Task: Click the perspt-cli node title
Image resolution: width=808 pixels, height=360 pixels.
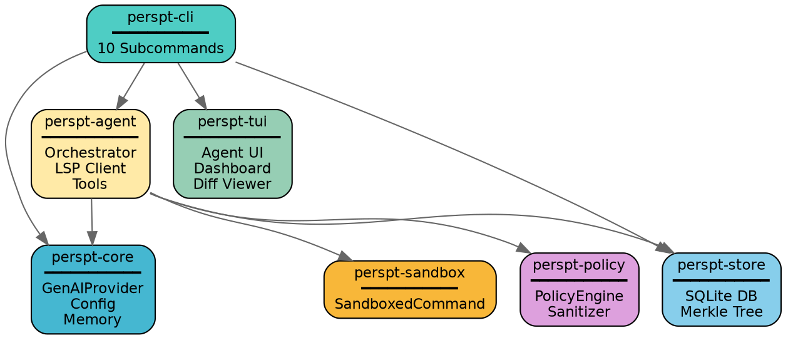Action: [160, 18]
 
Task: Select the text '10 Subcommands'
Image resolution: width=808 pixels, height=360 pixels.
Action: [160, 48]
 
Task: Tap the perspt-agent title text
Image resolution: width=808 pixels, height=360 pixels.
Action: [90, 121]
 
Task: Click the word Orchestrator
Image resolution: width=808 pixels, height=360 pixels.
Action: [90, 153]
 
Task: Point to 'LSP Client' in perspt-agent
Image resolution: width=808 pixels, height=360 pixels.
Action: [90, 168]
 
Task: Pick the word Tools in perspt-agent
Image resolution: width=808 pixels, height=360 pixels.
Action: [90, 183]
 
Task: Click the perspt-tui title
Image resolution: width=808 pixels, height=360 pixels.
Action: [232, 121]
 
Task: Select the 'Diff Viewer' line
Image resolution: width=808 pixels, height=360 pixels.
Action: [232, 183]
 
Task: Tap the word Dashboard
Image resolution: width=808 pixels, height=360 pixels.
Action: [232, 168]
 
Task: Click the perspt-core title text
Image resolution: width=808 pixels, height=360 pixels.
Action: [93, 257]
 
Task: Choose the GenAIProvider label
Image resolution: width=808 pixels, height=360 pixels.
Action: [93, 289]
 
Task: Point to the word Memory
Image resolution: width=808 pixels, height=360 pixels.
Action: [93, 319]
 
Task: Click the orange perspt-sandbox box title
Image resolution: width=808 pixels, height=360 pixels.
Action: [409, 272]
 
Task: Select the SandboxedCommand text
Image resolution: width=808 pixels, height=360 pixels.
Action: [409, 304]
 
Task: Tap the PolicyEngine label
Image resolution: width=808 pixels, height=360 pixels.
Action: [579, 296]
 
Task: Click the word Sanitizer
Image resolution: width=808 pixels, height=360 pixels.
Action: [579, 311]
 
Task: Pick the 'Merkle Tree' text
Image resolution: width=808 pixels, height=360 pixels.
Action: [721, 311]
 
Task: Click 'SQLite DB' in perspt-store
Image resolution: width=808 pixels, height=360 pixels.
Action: [721, 296]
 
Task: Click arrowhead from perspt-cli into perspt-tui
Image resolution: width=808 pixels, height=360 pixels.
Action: [202, 103]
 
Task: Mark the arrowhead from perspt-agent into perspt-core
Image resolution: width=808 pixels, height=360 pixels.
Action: [92, 238]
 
